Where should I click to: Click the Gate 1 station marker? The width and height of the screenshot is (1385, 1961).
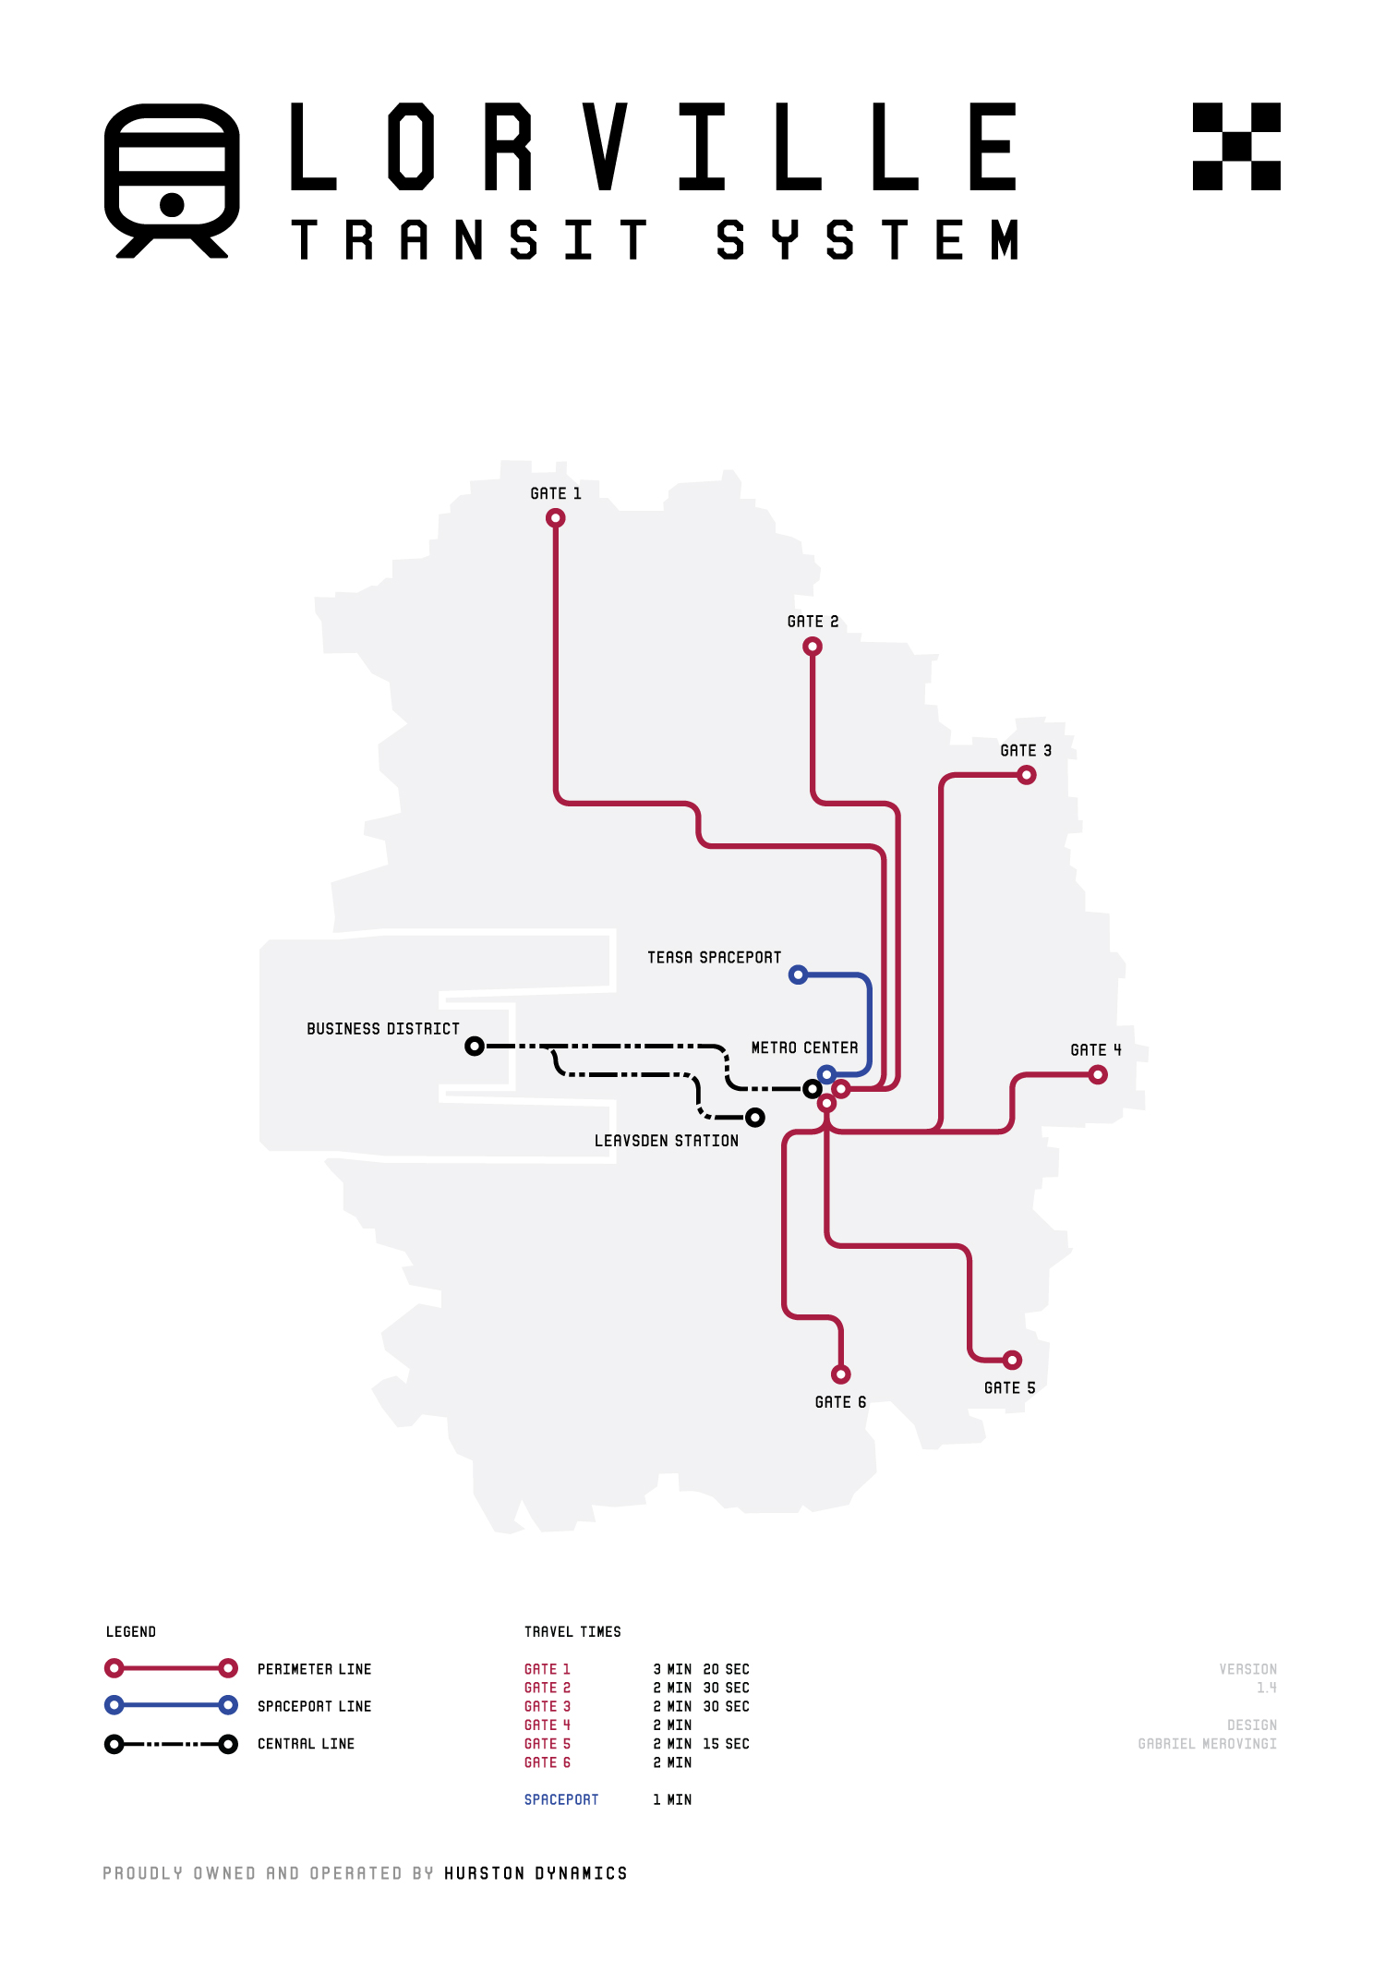pyautogui.click(x=555, y=518)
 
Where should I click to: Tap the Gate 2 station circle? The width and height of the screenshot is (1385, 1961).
pyautogui.click(x=813, y=647)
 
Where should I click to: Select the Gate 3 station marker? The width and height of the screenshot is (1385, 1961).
pyautogui.click(x=1027, y=775)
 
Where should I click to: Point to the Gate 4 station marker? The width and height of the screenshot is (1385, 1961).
pyautogui.click(x=1098, y=1074)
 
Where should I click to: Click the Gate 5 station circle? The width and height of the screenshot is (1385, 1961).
pyautogui.click(x=1013, y=1360)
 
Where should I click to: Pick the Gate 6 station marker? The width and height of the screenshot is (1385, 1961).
pyautogui.click(x=841, y=1374)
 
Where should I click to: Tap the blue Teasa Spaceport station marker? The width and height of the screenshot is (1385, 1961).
pyautogui.click(x=799, y=974)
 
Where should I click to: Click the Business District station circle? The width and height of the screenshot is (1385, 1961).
pyautogui.click(x=475, y=1047)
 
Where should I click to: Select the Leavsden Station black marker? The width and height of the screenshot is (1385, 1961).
pyautogui.click(x=755, y=1118)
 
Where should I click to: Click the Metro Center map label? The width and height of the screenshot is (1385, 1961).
pyautogui.click(x=805, y=1048)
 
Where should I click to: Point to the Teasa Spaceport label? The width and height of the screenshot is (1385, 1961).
pyautogui.click(x=715, y=958)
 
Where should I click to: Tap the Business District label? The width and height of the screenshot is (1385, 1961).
pyautogui.click(x=383, y=1029)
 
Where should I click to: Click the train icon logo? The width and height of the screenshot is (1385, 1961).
pyautogui.click(x=173, y=180)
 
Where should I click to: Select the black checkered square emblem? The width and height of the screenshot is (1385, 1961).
pyautogui.click(x=1236, y=147)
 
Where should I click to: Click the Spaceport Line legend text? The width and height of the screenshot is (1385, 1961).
pyautogui.click(x=315, y=1707)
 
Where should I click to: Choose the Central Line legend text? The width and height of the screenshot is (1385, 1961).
pyautogui.click(x=307, y=1744)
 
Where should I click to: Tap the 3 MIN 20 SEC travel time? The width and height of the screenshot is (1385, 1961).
pyautogui.click(x=702, y=1670)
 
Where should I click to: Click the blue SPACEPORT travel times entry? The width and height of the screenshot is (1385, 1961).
pyautogui.click(x=561, y=1800)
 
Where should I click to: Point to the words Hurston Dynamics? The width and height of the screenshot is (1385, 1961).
pyautogui.click(x=536, y=1873)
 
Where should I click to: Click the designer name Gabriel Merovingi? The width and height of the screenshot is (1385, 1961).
pyautogui.click(x=1208, y=1744)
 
